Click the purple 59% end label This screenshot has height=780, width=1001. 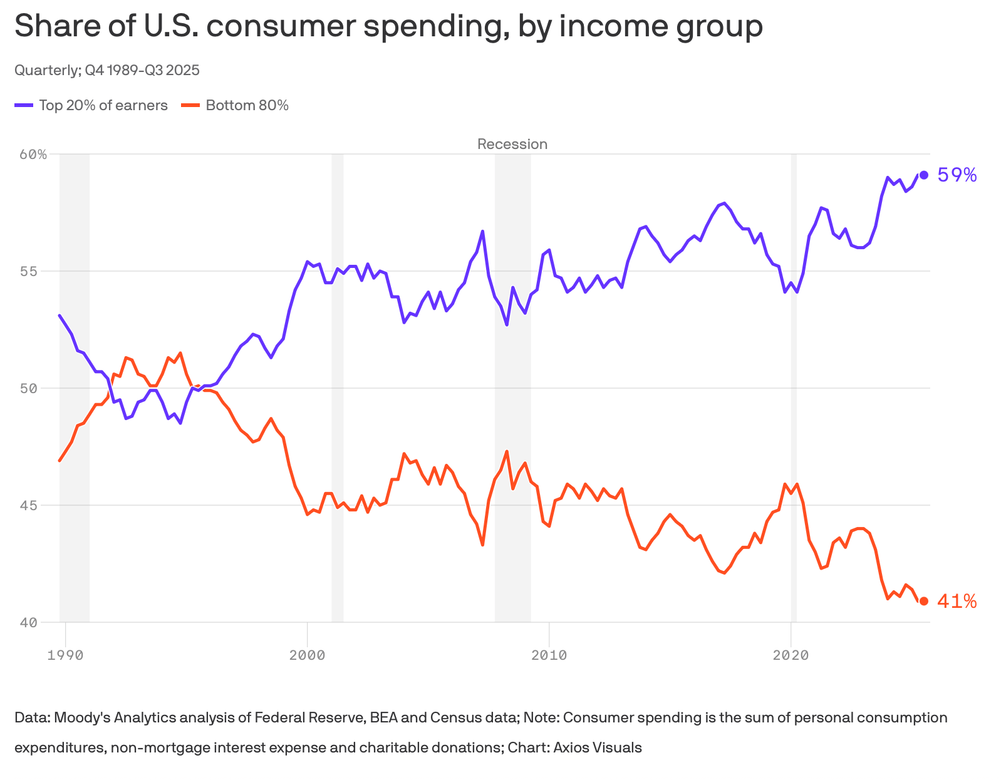coord(957,175)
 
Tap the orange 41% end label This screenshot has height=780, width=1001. coord(957,602)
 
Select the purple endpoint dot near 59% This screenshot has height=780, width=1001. coord(924,175)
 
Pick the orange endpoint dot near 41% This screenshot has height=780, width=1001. coord(924,601)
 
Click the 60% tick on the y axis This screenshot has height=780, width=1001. coord(33,155)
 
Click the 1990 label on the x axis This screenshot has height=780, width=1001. coord(65,655)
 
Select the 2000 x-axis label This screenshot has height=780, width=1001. coord(307,655)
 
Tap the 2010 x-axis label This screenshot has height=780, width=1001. coord(549,655)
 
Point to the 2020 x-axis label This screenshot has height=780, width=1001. coord(791,655)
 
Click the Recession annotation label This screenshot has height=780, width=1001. coord(512,144)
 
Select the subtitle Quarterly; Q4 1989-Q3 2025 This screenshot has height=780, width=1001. coord(106,70)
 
